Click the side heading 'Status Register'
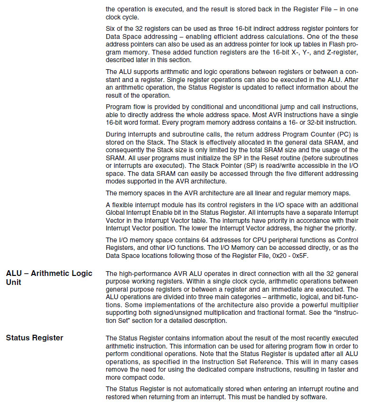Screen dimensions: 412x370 tap(34, 338)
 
